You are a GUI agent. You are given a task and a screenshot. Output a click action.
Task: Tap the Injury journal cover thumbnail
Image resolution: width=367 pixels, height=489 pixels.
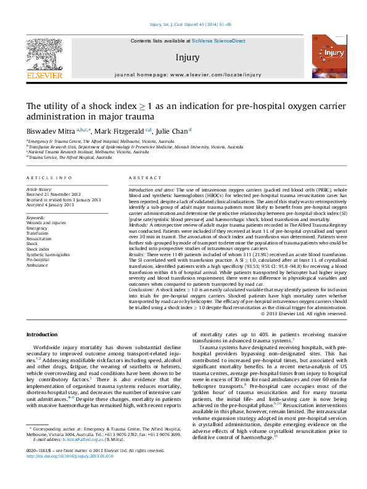[324, 56]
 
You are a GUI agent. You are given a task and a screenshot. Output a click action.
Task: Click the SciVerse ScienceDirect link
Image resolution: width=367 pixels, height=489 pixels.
[218, 41]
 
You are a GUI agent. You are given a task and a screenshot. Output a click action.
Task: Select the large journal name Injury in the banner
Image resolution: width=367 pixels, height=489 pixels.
[187, 58]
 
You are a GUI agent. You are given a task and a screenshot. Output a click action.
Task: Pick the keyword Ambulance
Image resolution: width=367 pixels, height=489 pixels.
[37, 265]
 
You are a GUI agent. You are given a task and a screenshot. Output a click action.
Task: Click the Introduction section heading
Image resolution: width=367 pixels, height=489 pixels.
[41, 334]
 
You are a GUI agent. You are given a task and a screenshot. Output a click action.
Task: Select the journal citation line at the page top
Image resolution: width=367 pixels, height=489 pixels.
[183, 25]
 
